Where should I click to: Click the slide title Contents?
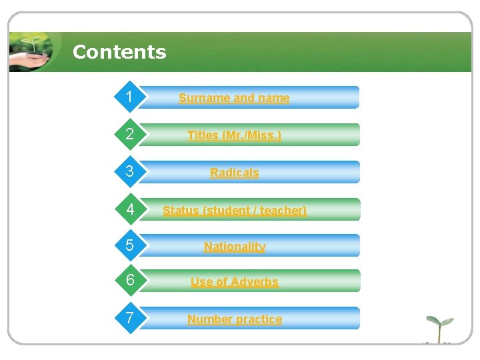(119, 52)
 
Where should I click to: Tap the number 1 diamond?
(130, 97)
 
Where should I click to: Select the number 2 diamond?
(130, 135)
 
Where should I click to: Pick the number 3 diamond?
(130, 172)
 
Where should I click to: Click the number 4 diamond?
(130, 209)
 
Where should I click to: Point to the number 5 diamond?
(130, 246)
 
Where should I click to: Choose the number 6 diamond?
(130, 281)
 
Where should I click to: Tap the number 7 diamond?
(130, 319)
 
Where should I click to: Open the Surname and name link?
(234, 98)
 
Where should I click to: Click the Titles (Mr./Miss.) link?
(234, 135)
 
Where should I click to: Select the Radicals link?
(234, 173)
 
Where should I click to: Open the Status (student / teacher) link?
(234, 211)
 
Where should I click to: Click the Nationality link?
(234, 247)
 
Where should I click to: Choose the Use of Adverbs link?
(234, 282)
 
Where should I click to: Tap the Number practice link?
(234, 319)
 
